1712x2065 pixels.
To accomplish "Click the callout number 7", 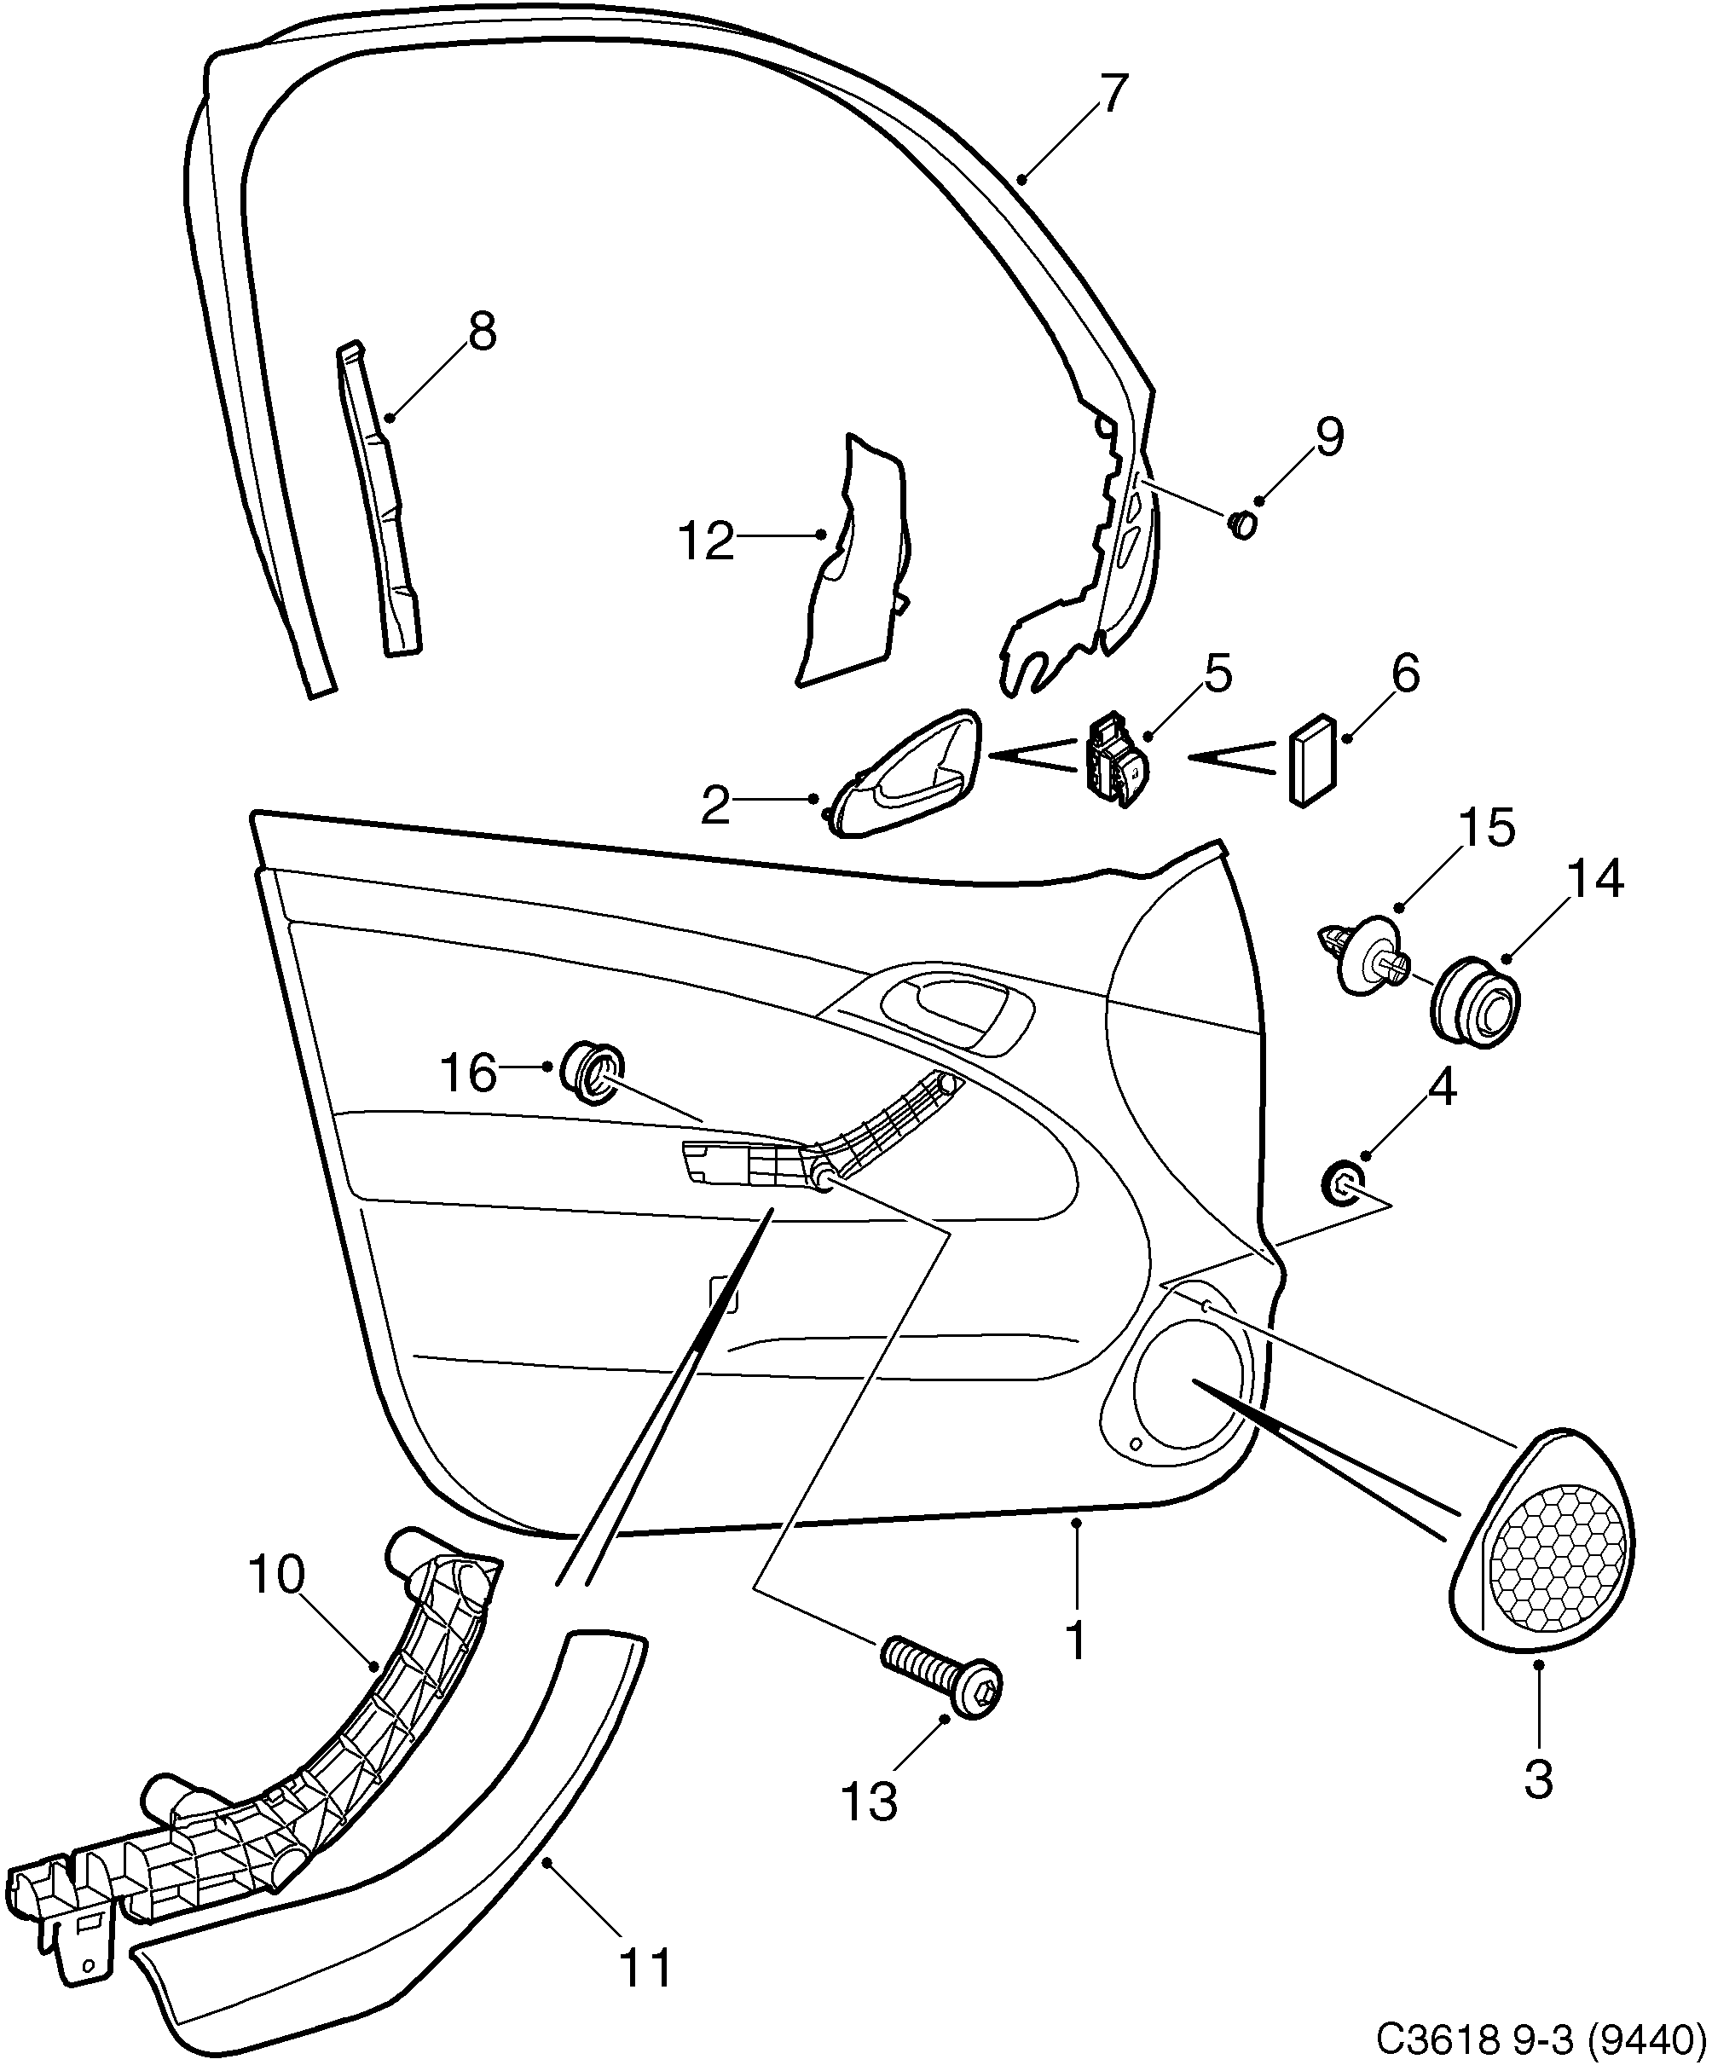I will click(1109, 95).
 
